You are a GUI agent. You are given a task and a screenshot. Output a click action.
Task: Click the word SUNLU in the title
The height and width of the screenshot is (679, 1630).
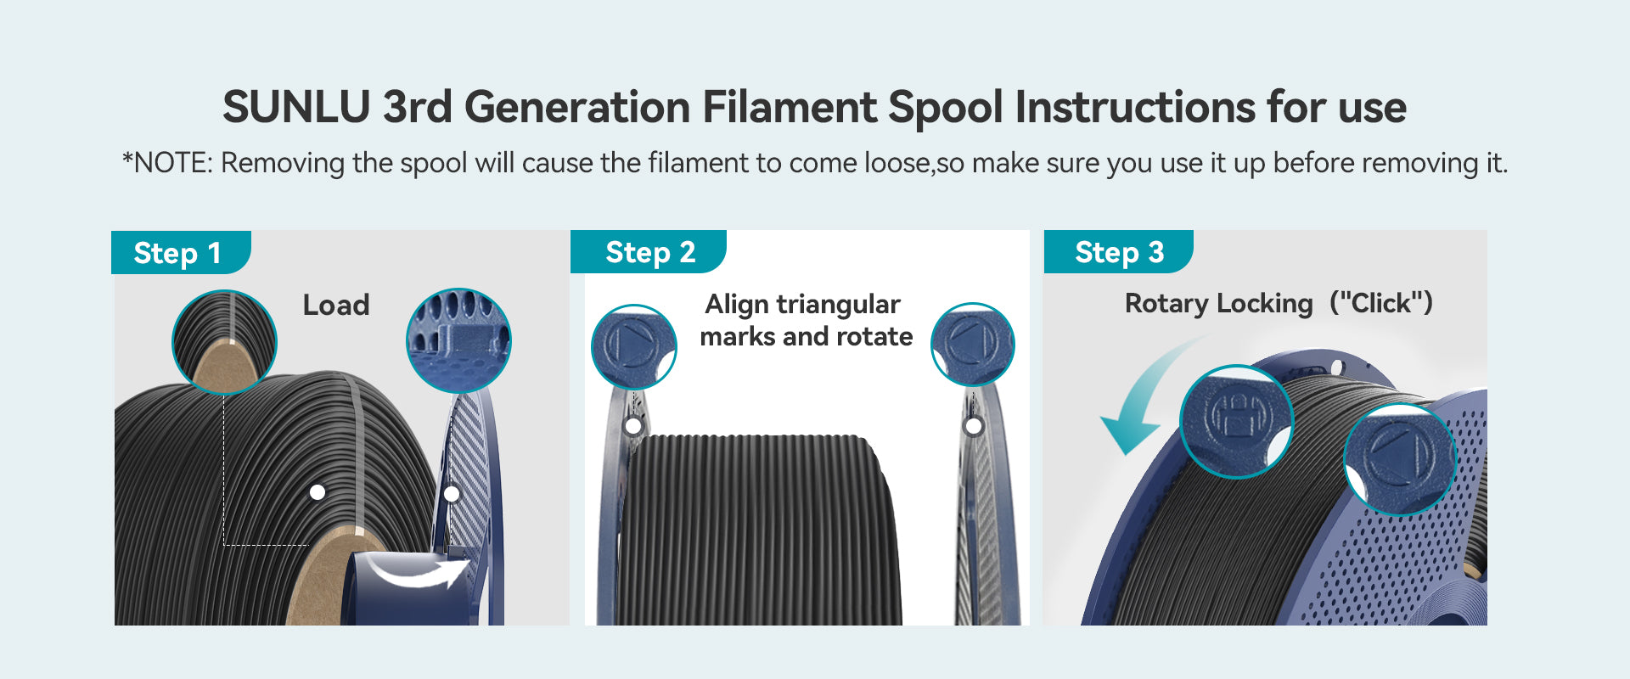click(x=296, y=108)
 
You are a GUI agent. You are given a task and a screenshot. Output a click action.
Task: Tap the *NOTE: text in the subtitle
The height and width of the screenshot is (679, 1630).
click(x=167, y=162)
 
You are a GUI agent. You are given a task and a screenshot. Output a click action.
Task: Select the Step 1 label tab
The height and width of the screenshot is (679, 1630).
click(x=181, y=252)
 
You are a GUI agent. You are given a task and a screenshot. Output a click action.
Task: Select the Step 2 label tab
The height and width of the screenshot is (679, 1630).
click(x=649, y=252)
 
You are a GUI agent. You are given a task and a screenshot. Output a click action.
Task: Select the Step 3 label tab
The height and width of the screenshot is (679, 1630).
click(x=1118, y=252)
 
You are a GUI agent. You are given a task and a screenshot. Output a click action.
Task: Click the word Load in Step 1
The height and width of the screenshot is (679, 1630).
click(x=336, y=306)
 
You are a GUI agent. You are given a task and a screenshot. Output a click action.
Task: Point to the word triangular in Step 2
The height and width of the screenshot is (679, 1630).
click(x=839, y=305)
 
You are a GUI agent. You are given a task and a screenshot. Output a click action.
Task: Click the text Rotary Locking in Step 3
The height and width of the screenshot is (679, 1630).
click(x=1219, y=303)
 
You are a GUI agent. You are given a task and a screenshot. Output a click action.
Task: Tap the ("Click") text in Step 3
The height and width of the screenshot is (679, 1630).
click(x=1381, y=303)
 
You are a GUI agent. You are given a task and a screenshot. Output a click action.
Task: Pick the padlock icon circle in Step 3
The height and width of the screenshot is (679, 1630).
click(x=1236, y=421)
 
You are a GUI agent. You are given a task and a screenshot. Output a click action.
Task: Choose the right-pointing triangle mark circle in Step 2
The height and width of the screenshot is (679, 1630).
click(x=633, y=346)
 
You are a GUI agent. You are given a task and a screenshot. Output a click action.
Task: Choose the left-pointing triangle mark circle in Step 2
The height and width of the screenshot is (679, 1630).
click(x=973, y=345)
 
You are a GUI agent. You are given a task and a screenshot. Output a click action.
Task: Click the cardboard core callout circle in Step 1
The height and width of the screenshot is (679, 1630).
click(x=224, y=342)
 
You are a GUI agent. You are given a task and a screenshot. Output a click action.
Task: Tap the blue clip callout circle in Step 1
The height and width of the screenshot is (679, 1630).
click(x=458, y=340)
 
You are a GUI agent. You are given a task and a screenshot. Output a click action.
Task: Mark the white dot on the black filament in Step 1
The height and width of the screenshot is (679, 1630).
click(x=318, y=492)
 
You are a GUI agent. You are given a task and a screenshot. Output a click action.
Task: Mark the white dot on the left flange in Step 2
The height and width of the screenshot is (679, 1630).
click(x=633, y=425)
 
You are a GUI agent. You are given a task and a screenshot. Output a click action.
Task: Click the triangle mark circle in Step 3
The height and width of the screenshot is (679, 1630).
click(x=1400, y=459)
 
